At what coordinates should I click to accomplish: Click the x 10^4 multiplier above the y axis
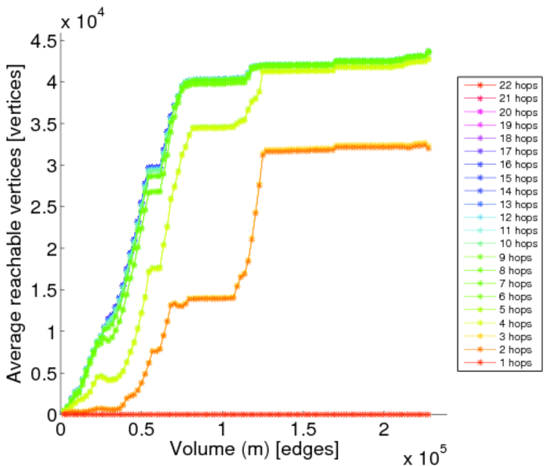(83, 20)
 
